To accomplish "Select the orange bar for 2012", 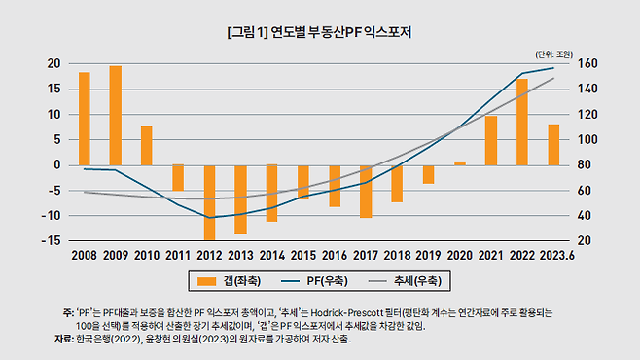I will (x=209, y=202).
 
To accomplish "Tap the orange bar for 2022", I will (x=521, y=122).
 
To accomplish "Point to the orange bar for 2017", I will (x=365, y=191).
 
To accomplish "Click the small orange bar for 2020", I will (x=459, y=162).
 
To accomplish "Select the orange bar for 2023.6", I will (x=552, y=144).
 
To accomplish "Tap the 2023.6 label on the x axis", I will (x=554, y=257).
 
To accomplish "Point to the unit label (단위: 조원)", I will (x=557, y=52).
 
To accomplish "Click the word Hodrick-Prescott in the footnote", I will (x=343, y=313).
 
